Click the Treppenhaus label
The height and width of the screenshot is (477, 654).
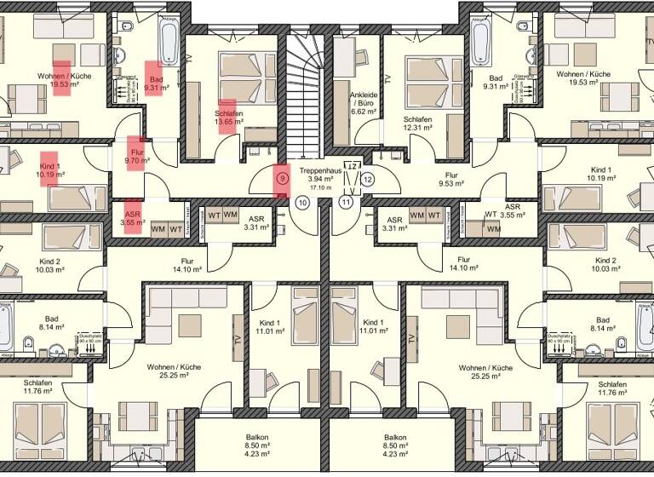click(x=320, y=170)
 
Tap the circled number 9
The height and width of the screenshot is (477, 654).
click(x=283, y=180)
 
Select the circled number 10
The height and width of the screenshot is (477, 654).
click(x=302, y=203)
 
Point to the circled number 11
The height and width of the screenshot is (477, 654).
click(x=346, y=203)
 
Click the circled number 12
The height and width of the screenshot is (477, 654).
click(x=368, y=180)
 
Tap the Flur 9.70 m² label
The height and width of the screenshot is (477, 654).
click(x=136, y=154)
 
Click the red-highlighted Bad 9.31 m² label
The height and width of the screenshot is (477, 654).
click(x=155, y=82)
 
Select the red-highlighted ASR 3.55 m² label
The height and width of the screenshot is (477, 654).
click(x=133, y=219)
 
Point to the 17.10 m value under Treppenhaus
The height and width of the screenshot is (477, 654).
click(x=320, y=189)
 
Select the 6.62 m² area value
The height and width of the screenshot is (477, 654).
click(x=363, y=112)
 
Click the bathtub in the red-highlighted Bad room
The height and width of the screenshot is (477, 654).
click(x=169, y=38)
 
